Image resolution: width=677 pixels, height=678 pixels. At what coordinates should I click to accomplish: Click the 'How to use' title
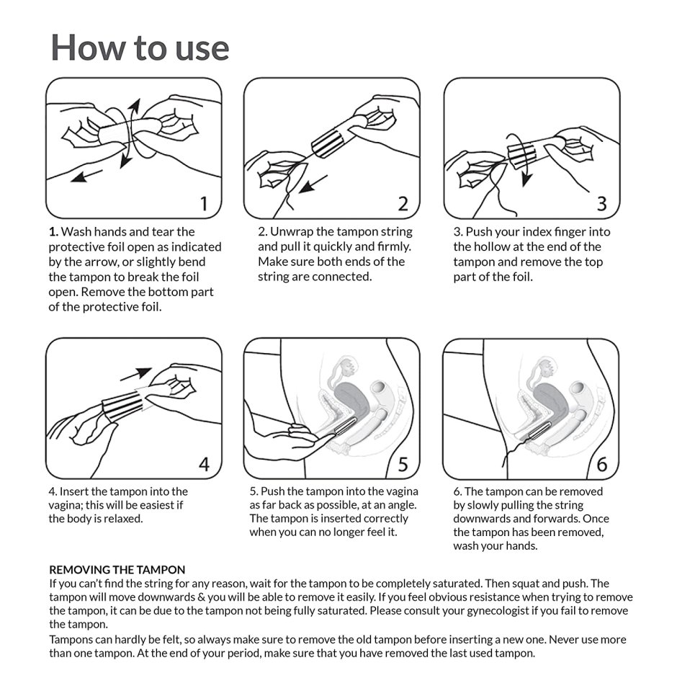[x=140, y=47]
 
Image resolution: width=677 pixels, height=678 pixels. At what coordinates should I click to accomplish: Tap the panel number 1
[x=204, y=204]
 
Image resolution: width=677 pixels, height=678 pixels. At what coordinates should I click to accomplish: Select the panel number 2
[x=403, y=204]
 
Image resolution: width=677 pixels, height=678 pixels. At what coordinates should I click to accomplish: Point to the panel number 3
[x=602, y=204]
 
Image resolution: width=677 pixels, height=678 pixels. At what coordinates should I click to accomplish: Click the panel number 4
[x=204, y=464]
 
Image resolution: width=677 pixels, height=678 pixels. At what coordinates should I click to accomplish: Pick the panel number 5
[x=403, y=465]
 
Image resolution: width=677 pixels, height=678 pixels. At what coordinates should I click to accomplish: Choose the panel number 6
[x=602, y=465]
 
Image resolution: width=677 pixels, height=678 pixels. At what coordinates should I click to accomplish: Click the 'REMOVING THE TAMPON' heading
[x=117, y=570]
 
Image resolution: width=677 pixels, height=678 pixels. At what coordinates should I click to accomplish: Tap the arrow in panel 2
[x=313, y=184]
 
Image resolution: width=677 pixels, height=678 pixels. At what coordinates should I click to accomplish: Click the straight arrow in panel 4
[x=135, y=374]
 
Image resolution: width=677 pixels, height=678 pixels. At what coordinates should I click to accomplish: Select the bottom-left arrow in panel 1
[x=87, y=176]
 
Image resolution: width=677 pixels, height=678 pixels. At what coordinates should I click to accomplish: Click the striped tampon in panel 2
[x=327, y=143]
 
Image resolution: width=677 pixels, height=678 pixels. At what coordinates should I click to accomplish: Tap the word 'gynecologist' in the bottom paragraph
[x=498, y=610]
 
